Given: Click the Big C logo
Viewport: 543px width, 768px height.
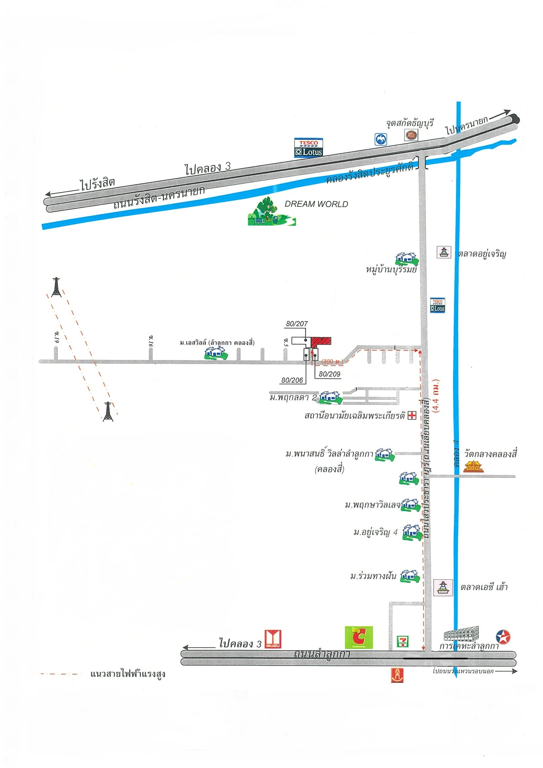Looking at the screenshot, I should point(358,638).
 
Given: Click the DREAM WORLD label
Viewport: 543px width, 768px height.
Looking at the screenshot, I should point(316,204).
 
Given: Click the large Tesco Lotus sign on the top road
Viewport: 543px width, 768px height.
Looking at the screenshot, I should point(309,147).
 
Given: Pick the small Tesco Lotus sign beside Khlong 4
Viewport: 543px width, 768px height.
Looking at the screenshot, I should point(438,305).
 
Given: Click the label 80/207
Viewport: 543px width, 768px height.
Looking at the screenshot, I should point(297,324).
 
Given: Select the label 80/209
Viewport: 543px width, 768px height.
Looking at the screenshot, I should point(329,374).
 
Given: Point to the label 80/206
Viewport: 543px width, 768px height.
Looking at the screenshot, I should point(292,380).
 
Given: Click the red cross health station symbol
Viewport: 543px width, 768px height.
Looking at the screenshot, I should point(412,416).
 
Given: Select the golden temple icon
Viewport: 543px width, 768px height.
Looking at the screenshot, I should point(473,466).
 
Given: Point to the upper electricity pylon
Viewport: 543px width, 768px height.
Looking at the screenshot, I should point(56,287).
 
